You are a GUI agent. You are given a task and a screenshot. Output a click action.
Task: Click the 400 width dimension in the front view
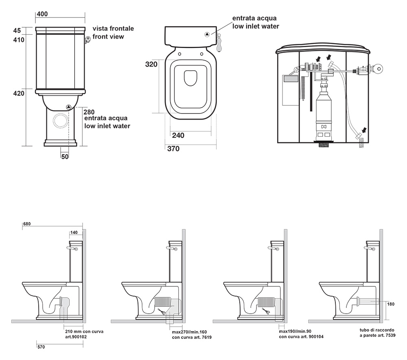(42, 14)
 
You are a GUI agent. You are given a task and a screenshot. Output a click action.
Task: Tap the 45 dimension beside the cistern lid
(17, 31)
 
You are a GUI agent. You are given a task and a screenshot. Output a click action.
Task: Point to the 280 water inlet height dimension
(89, 111)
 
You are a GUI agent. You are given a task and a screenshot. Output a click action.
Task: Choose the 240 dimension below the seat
(178, 135)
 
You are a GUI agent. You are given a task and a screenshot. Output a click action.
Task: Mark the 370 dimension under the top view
(173, 149)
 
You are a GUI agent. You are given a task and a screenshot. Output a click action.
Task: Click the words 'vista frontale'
(113, 29)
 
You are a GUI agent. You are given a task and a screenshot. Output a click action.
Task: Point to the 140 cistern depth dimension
(73, 232)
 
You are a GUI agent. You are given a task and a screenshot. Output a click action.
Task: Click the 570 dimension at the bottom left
(41, 347)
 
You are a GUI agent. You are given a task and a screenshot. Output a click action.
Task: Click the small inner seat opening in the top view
(190, 79)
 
